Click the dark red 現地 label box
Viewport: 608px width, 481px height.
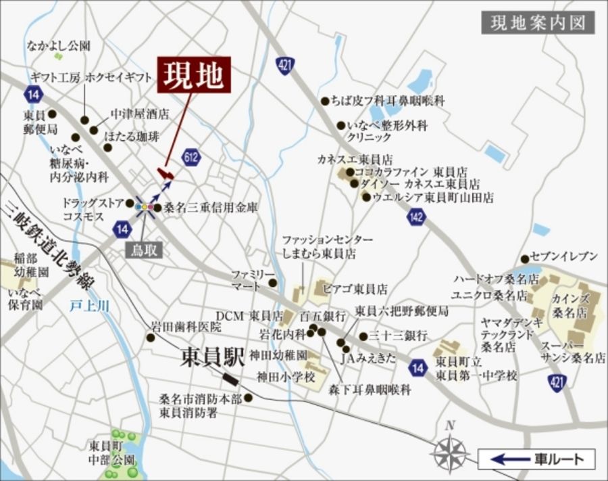click(x=195, y=75)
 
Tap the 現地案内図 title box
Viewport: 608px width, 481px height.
click(x=538, y=22)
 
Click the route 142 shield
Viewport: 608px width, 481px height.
click(x=417, y=217)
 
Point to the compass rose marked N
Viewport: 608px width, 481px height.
click(x=451, y=450)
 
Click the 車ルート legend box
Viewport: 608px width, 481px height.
click(x=536, y=459)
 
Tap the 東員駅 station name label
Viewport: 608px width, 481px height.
click(x=213, y=358)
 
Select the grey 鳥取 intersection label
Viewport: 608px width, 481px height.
click(x=143, y=250)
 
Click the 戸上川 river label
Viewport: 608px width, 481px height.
click(x=90, y=306)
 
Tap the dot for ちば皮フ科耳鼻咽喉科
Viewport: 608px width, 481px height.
click(x=325, y=101)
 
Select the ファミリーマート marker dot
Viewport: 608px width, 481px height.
click(x=272, y=283)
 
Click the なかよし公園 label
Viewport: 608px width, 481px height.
click(x=59, y=46)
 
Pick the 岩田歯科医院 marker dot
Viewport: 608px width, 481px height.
click(x=150, y=337)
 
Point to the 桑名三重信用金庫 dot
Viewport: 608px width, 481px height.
click(x=157, y=209)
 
